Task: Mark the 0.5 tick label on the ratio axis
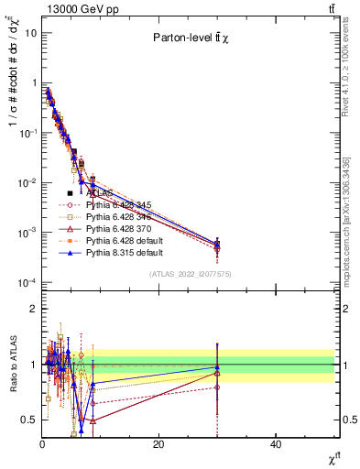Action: click(27, 420)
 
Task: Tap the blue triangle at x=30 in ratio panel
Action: click(217, 367)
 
